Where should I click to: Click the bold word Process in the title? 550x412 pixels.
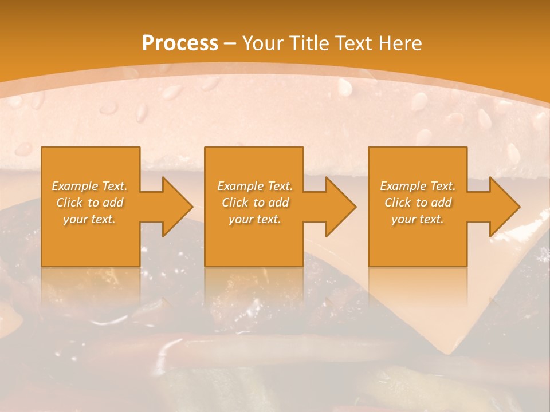(180, 43)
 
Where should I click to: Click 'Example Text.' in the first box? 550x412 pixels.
(89, 186)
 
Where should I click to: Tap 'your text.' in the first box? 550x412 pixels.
(89, 219)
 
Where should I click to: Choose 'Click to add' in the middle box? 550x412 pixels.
(255, 203)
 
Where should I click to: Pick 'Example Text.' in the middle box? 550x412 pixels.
(255, 186)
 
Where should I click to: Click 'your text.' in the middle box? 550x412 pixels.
(255, 219)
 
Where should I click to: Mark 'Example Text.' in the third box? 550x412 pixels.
(418, 186)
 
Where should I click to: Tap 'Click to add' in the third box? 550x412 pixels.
(418, 203)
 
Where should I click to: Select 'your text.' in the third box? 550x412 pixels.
(418, 219)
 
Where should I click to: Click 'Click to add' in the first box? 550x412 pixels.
(89, 203)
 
